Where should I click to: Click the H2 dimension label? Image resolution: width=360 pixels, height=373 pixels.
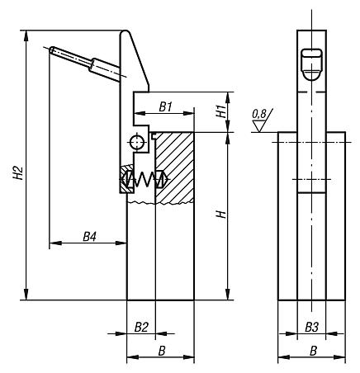pos(18,172)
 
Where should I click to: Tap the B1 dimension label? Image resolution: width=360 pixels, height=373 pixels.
pos(166,106)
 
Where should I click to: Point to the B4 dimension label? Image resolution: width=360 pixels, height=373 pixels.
pos(89,237)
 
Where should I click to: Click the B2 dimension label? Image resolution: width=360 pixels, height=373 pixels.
pos(141,328)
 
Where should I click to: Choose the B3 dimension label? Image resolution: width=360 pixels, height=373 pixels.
pos(311,328)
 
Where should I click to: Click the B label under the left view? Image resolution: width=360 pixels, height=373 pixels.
pos(162,352)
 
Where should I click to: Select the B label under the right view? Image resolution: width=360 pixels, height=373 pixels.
pos(313,352)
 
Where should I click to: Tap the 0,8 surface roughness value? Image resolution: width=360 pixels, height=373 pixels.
pos(259,114)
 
